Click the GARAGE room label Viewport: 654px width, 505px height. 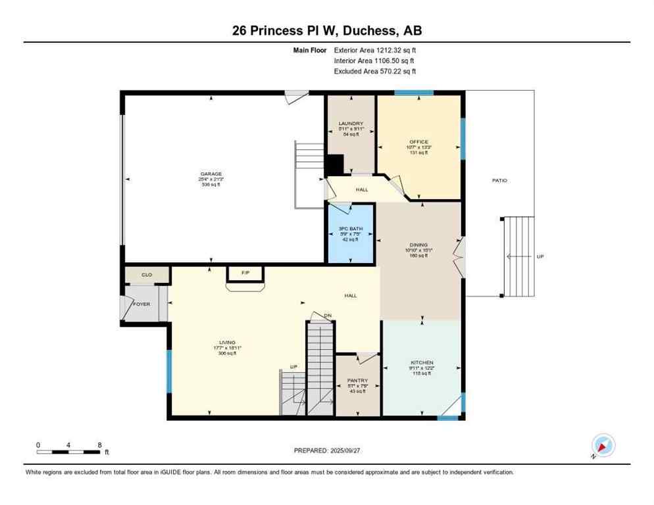[x=211, y=174]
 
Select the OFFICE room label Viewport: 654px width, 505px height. [x=418, y=142]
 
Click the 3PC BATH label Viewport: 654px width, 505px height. [x=351, y=229]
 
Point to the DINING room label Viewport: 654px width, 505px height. [x=418, y=245]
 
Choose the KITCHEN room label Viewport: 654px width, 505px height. [x=422, y=363]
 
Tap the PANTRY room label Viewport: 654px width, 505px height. [x=358, y=380]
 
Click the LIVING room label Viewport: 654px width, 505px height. [x=227, y=343]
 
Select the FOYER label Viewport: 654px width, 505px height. [x=142, y=304]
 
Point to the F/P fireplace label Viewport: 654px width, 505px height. [x=245, y=272]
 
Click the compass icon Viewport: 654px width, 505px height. [x=603, y=445]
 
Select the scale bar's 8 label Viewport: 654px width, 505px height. [x=99, y=445]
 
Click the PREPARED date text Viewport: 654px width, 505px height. [x=328, y=450]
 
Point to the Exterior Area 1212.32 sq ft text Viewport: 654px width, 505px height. [x=375, y=49]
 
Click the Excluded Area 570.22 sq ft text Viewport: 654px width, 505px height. [x=375, y=71]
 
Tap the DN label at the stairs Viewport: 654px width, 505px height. [x=327, y=316]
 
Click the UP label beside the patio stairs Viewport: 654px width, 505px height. [x=540, y=256]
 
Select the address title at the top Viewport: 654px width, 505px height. [x=327, y=30]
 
